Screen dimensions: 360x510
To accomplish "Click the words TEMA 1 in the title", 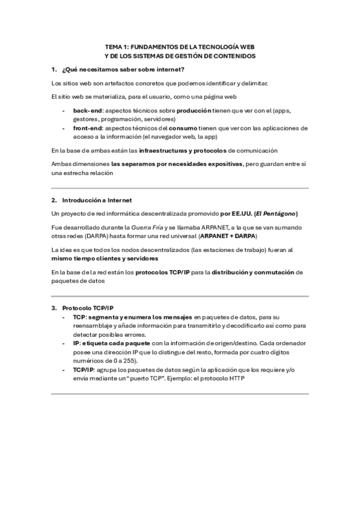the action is click(116, 45).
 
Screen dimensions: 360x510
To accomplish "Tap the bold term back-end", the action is click(87, 111).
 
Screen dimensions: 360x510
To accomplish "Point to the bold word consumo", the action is click(182, 128).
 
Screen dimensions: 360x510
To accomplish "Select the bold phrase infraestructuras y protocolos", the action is click(184, 149).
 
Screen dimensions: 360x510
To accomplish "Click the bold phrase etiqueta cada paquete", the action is click(114, 342).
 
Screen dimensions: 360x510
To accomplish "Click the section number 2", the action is click(54, 200).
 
